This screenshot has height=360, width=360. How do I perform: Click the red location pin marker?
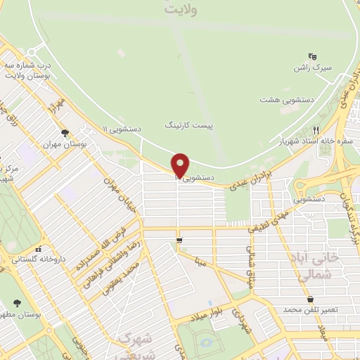[181, 165]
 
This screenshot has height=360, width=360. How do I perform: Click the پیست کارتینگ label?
[188, 124]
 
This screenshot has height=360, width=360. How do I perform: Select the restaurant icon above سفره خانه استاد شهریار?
[316, 130]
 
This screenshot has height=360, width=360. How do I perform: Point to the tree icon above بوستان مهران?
[65, 132]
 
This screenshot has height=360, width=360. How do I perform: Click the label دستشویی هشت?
[283, 100]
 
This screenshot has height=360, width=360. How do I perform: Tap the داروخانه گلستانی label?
[38, 259]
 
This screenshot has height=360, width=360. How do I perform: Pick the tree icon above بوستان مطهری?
[17, 303]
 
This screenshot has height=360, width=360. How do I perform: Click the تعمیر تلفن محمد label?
[310, 309]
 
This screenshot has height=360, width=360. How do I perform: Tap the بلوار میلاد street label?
[215, 312]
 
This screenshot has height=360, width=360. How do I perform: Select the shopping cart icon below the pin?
[181, 241]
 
